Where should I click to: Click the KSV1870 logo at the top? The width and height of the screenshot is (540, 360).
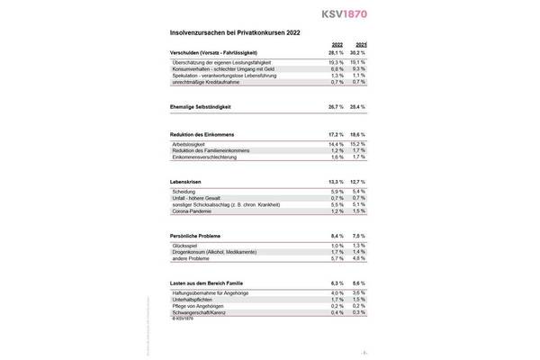point(345,15)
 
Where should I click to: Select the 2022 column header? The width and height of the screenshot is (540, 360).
point(337,44)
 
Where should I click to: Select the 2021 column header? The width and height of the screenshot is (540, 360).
point(361,44)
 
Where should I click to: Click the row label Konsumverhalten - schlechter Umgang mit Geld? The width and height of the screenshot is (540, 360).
point(221,67)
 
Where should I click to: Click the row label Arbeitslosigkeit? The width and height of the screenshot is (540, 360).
point(189,144)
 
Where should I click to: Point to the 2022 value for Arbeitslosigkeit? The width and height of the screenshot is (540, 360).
point(337,144)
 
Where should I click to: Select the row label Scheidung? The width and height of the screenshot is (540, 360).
point(184,192)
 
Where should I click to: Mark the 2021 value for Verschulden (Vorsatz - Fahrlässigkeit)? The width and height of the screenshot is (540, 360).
point(360,52)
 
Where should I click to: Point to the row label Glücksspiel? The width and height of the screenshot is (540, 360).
point(185,245)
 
